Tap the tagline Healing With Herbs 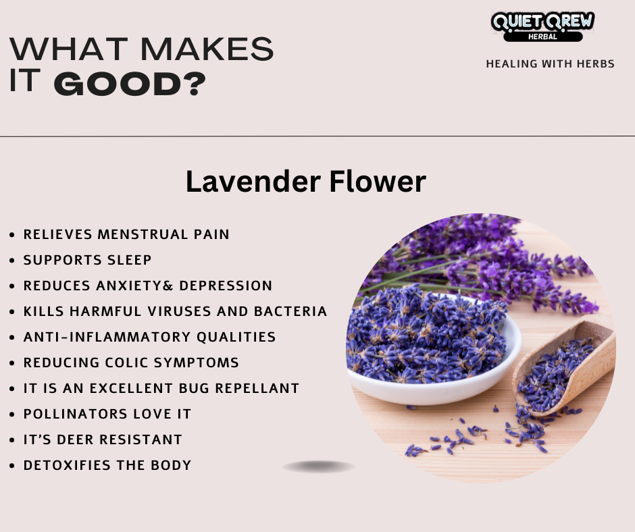coord(551,64)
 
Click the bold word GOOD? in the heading coord(130,84)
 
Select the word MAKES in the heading coord(207,49)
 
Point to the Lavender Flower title coord(306,182)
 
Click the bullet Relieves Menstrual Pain coord(126,234)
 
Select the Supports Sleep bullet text coord(87,260)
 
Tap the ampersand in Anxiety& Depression coord(168,286)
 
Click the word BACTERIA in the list coord(290,311)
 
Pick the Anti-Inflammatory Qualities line coord(149,337)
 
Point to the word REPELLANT coord(257,388)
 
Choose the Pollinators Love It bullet coord(107,414)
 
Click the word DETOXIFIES coord(68,465)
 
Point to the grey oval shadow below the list coord(319,467)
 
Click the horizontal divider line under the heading coord(317,136)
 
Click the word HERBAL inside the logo coord(542,36)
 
